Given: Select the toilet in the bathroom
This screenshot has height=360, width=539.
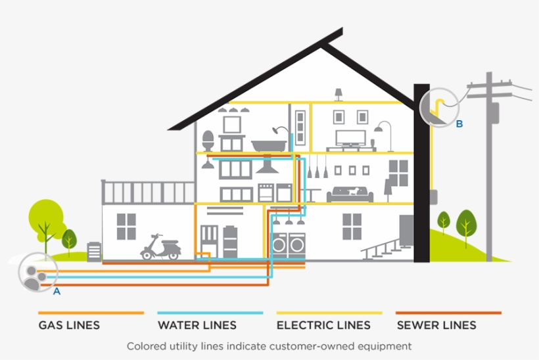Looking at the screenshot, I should click(x=208, y=141).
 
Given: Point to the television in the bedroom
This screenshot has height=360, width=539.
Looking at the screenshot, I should click(x=350, y=138).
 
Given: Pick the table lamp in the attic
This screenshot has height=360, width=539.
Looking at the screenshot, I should click(x=339, y=95).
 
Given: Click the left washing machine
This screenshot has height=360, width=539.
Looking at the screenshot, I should click(x=280, y=245).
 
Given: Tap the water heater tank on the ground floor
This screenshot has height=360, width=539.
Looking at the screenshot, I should click(x=230, y=241).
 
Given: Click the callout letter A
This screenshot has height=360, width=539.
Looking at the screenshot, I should click(x=57, y=291).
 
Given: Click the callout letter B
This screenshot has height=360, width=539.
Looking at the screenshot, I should click(x=459, y=124).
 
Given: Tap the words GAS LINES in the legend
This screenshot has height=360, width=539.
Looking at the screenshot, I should click(x=69, y=325).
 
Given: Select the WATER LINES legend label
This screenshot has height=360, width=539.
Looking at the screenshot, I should click(x=198, y=325).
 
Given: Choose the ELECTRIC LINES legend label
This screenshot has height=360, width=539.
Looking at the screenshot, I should click(x=323, y=325).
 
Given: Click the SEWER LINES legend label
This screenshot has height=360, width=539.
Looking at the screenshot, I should click(x=436, y=325).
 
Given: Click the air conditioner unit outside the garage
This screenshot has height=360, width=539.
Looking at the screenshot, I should click(x=95, y=252).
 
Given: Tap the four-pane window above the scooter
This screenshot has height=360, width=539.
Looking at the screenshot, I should click(x=126, y=227).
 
